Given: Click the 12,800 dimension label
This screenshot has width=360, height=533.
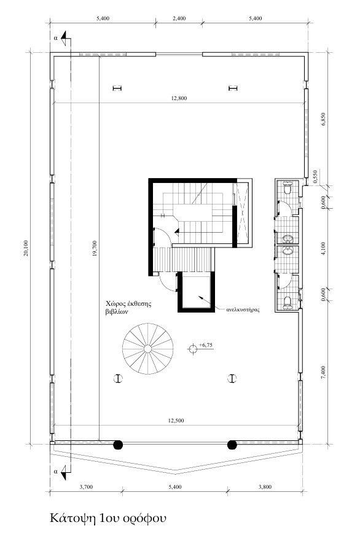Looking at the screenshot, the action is coord(179,99).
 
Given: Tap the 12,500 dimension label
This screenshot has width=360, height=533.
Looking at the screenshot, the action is coord(176,421).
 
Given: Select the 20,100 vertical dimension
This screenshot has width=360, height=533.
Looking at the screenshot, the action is coord(26,248).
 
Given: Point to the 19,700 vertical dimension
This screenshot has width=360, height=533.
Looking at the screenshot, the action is coord(95,249).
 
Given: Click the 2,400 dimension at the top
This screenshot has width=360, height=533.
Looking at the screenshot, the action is coord(179,18).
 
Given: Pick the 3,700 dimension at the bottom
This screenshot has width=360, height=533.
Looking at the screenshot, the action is coord(86,487).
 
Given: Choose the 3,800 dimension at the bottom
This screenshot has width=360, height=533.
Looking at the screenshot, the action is coord(265,487).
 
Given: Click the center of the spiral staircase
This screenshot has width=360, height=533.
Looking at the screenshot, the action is coord(148,349).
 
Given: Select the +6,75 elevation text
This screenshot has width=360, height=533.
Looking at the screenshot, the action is coord(206,345).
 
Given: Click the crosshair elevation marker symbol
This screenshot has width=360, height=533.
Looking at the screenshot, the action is coord(193,348).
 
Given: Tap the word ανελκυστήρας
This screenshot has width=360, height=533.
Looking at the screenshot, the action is coord(243,309).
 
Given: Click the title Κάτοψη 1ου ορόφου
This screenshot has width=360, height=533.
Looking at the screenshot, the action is coord(108,518).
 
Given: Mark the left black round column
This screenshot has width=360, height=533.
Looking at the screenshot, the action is coord(118,445).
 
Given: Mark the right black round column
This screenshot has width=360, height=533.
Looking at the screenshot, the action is coord(232,445).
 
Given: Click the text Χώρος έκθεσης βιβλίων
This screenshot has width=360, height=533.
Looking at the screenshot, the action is coord(128,308).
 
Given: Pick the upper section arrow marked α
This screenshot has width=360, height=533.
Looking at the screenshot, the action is coord(65,38).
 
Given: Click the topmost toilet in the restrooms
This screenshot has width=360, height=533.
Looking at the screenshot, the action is coord(288,188).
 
